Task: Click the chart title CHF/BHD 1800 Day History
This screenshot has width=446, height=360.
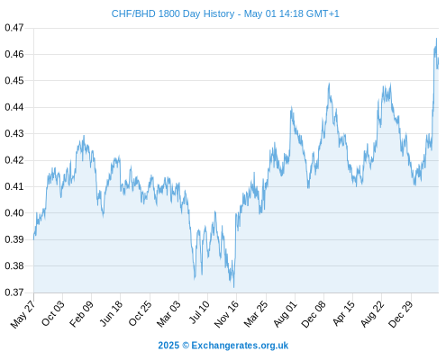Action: (173, 13)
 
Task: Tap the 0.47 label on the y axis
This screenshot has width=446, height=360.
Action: (14, 28)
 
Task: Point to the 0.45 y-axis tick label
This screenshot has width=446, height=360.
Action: (14, 81)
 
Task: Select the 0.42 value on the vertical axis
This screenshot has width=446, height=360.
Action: (14, 160)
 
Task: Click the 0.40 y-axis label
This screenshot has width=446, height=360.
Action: (14, 213)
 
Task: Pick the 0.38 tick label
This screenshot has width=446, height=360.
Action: (14, 265)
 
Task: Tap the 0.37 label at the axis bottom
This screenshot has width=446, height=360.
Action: (14, 292)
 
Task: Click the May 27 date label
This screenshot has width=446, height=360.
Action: (23, 314)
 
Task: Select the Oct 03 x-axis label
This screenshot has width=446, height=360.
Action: (52, 313)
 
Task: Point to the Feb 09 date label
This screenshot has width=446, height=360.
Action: (81, 314)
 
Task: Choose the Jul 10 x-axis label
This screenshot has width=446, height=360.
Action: (199, 312)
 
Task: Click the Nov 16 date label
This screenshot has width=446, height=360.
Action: (226, 314)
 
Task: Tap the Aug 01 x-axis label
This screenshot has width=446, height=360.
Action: (285, 314)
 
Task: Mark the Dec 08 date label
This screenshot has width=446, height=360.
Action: (314, 314)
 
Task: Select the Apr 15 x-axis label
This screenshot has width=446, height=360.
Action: (343, 313)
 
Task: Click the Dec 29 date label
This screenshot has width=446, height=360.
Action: (400, 314)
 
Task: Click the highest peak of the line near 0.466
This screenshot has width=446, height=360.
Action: (436, 39)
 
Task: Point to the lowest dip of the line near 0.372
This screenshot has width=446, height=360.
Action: (233, 287)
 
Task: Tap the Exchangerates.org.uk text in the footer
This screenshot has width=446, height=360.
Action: (240, 346)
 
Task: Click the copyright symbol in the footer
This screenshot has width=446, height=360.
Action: (186, 346)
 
